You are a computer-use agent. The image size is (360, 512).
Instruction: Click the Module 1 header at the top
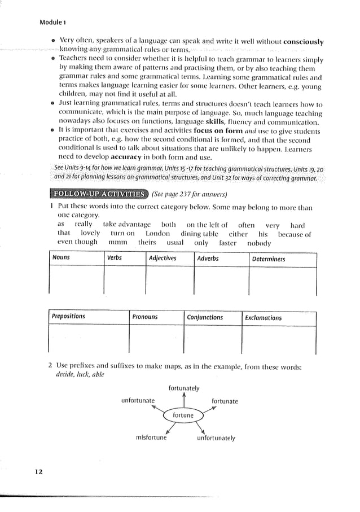pos(52,23)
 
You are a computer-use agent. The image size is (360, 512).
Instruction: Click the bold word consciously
pos(304,42)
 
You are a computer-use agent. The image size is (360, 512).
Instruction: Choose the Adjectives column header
pos(163,259)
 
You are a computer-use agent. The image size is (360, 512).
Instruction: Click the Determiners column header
pos(269,259)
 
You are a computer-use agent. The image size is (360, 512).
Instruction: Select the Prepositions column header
pos(68,317)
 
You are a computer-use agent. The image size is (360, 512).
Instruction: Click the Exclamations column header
pos(264,318)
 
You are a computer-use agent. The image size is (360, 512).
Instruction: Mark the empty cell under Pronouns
pos(156,339)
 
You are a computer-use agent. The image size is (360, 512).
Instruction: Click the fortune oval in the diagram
pos(183,415)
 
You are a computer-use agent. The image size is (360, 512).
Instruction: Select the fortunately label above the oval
pos(184,388)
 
